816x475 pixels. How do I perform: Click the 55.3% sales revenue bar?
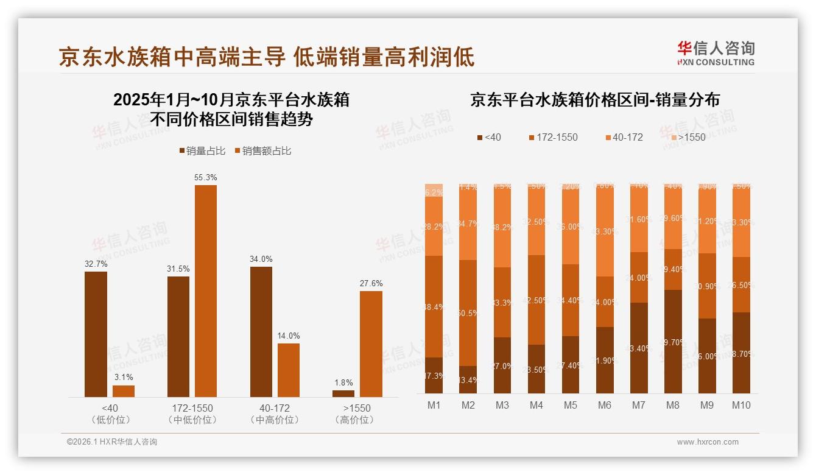point(205,291)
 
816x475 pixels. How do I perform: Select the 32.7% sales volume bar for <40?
point(96,334)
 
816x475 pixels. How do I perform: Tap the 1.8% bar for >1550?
point(343,394)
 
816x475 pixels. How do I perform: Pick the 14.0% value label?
point(288,336)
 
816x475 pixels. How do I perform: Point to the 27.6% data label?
point(371,283)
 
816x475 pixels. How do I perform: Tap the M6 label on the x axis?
point(604,405)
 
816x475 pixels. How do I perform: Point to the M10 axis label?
point(740,405)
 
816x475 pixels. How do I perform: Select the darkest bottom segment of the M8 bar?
point(673,342)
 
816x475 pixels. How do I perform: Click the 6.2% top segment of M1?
point(434,191)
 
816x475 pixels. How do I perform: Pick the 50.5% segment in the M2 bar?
point(468,313)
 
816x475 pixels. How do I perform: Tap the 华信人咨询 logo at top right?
point(716,53)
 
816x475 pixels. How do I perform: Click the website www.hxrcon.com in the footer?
point(707,442)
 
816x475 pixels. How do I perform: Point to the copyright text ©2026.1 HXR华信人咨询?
point(111,442)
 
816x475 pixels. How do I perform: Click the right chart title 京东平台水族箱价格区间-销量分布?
point(594,100)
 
